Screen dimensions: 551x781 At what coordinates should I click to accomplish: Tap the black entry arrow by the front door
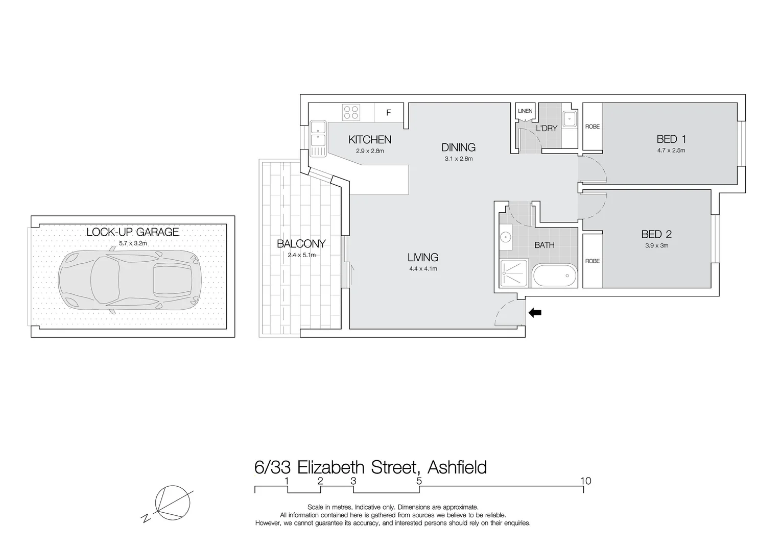pos(535,313)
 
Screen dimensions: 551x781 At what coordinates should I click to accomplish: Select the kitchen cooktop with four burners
pos(351,112)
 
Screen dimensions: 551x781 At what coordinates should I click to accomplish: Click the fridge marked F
pos(389,113)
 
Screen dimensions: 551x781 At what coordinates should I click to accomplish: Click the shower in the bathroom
pos(514,274)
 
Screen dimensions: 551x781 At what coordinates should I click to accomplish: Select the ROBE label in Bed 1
pos(593,127)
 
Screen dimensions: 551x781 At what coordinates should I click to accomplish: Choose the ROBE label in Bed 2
pos(593,261)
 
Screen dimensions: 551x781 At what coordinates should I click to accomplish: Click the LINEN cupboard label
pos(525,111)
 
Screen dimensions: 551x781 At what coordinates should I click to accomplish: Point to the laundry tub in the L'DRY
pos(569,119)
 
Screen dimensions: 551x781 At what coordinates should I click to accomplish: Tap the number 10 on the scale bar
pos(585,481)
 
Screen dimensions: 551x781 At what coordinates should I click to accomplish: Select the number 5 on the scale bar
pos(419,481)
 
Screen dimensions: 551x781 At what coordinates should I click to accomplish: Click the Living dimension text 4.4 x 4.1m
pos(423,269)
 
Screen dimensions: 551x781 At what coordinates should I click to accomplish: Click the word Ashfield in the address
pos(457,467)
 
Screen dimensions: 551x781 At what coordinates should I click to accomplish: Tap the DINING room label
pos(458,147)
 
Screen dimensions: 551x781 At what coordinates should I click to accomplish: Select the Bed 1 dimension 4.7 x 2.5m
pos(671,151)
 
